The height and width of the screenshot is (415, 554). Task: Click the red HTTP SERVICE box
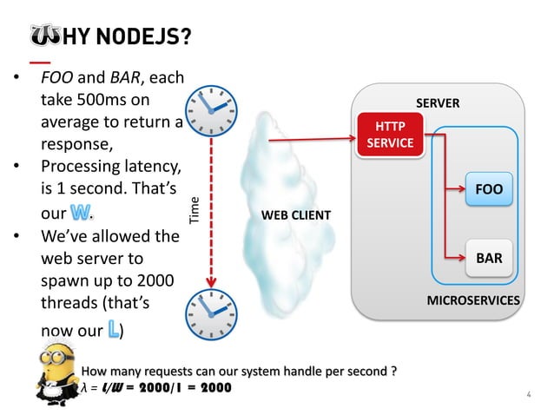389,135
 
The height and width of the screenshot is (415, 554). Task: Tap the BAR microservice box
488,257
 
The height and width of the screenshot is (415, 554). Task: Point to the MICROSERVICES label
473,300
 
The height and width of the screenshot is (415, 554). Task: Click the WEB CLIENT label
291,214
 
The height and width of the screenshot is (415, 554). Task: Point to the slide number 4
528,395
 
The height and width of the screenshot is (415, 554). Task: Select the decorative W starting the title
44,37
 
